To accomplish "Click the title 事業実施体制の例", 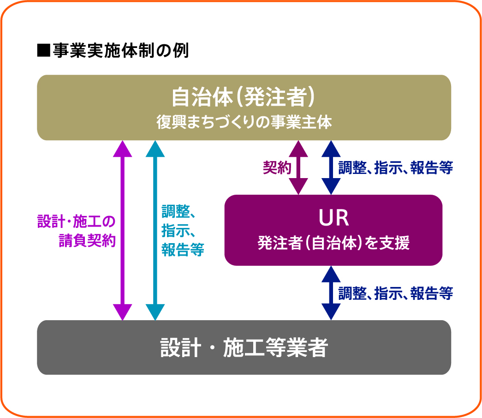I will tap(120, 50).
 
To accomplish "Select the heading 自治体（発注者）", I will tap(244, 97).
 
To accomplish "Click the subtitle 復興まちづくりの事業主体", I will tap(244, 123).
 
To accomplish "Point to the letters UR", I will tap(333, 218).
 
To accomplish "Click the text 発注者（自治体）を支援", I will tap(333, 243).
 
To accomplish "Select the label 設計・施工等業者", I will tap(244, 348).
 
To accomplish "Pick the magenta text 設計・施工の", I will tap(76, 222).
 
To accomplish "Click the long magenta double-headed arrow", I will tap(123, 231).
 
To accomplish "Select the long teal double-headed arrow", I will tap(155, 231).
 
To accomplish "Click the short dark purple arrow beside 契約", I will tap(298, 167).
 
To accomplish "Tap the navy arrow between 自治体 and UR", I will tap(331, 167).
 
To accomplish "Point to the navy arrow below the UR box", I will tap(331, 293).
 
